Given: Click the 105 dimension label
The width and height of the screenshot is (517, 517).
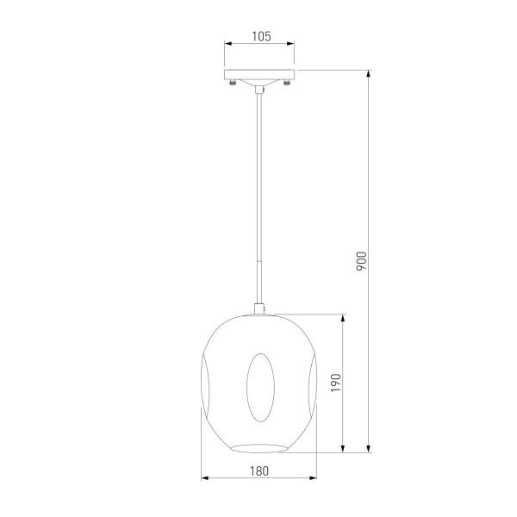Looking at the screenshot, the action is pyautogui.click(x=261, y=36).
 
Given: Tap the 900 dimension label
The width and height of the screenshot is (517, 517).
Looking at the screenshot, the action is pyautogui.click(x=361, y=261).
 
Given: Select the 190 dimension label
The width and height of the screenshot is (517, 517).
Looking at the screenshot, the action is pyautogui.click(x=336, y=383).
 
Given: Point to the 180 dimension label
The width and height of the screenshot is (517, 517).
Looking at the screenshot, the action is pyautogui.click(x=259, y=471).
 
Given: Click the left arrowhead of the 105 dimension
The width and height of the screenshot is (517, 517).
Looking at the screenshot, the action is pyautogui.click(x=228, y=44).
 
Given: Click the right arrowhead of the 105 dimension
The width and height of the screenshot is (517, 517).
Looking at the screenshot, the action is pyautogui.click(x=290, y=44).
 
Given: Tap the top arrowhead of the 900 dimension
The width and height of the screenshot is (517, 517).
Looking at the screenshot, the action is pyautogui.click(x=369, y=74).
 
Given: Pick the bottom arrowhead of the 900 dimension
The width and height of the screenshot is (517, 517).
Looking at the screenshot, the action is pyautogui.click(x=369, y=448).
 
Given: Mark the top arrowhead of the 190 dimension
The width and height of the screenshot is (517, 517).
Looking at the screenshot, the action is pyautogui.click(x=343, y=319).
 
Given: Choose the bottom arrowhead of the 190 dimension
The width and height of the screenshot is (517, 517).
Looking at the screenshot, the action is pyautogui.click(x=343, y=448).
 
